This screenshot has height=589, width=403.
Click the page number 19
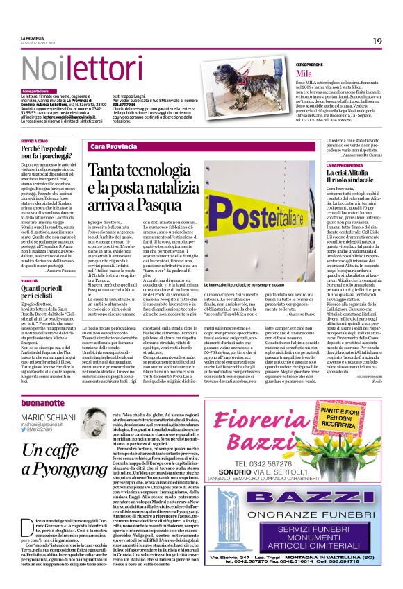pos(377,41)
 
